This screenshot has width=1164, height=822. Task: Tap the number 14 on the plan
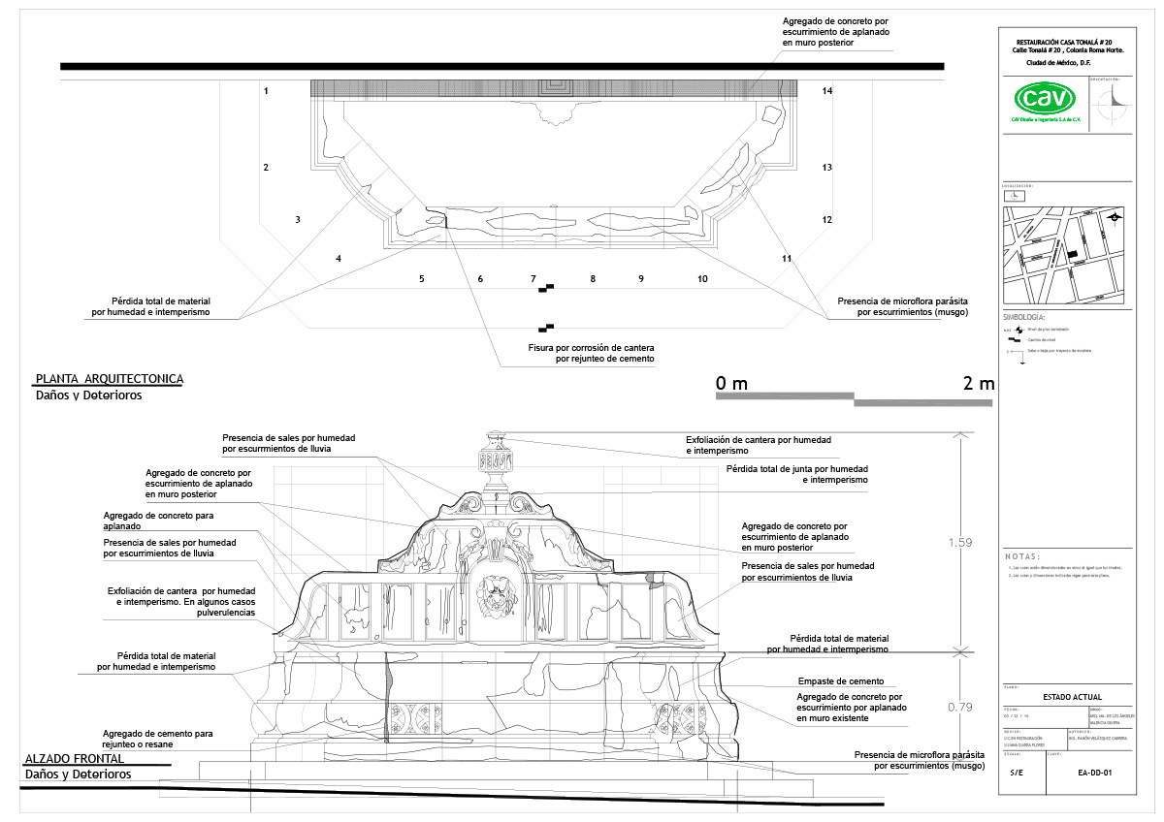coord(827,91)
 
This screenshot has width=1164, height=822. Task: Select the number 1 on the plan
coord(266,91)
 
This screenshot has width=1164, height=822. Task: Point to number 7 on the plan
coord(533,279)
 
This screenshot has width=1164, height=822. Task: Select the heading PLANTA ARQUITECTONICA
coord(110,379)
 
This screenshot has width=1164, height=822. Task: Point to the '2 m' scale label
coord(979,384)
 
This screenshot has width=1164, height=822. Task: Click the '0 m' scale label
coord(731,384)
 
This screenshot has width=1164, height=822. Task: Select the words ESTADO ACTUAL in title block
coord(1071,697)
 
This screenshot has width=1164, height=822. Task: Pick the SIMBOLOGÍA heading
coord(1023,318)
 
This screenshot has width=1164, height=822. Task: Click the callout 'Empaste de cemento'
coord(840,681)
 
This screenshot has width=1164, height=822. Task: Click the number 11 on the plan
coord(787,259)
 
